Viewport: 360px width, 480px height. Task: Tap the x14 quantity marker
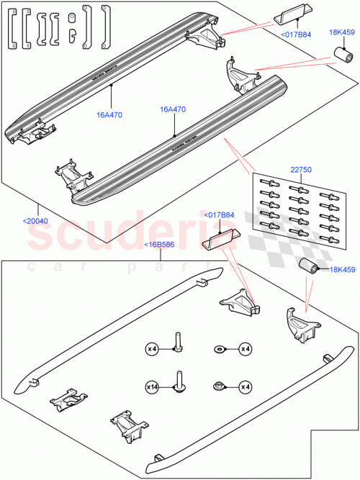coord(152,386)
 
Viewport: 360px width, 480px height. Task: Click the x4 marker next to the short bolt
coord(152,349)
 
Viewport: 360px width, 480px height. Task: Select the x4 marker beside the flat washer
coord(245,349)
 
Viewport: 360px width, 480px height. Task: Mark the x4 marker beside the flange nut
coord(245,386)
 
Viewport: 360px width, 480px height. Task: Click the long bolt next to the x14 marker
coord(177,382)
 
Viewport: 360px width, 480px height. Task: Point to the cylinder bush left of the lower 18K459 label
coord(310,267)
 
